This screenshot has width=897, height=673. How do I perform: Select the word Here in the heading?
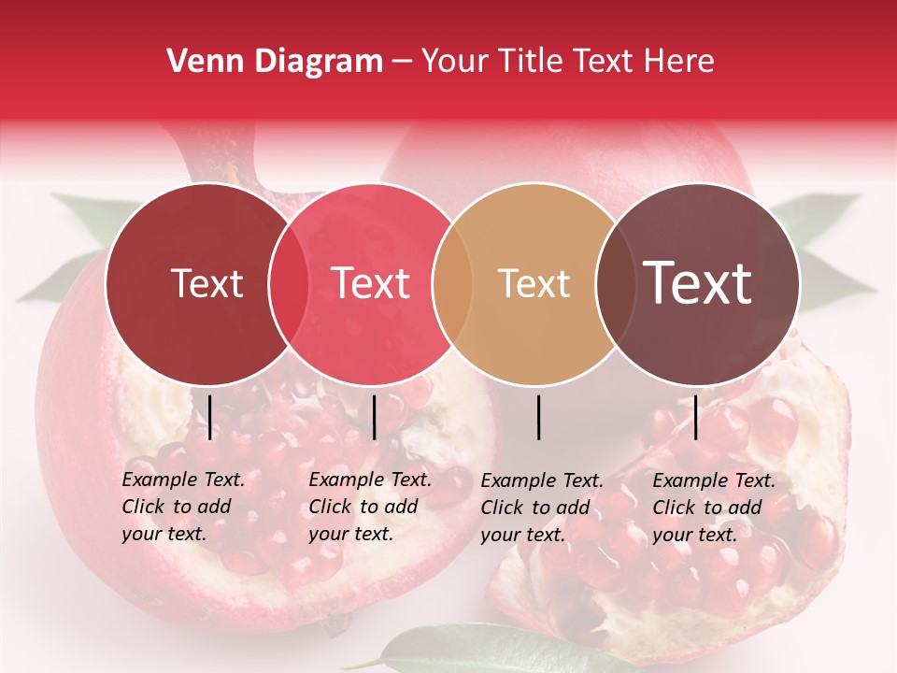[680, 62]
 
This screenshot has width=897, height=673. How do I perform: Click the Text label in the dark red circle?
[206, 283]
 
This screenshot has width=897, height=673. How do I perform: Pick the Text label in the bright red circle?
[371, 283]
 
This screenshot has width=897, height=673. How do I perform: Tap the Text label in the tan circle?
[534, 283]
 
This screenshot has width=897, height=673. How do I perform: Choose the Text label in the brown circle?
[698, 283]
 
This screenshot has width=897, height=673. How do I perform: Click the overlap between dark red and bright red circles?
[289, 283]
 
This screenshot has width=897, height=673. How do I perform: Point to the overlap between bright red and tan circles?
[452, 283]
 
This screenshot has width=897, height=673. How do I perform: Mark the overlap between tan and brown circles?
[616, 283]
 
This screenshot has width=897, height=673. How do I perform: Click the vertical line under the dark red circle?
[210, 417]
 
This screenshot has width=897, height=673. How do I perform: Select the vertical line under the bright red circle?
[375, 417]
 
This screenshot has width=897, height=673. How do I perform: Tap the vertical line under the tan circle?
[539, 417]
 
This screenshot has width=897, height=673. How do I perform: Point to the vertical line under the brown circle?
[696, 417]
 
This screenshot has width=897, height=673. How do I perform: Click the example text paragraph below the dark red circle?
[182, 507]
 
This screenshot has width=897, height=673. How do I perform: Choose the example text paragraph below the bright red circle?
[369, 507]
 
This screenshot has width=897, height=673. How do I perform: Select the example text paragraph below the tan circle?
[541, 508]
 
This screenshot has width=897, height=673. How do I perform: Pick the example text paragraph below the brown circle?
[713, 508]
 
